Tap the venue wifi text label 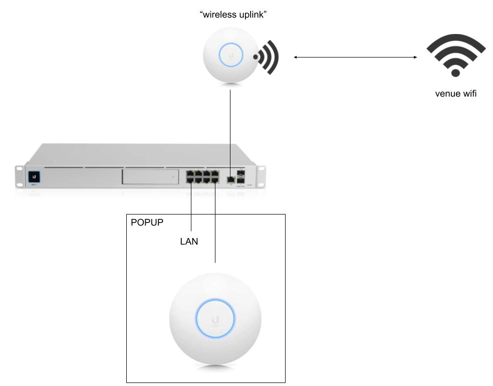455,93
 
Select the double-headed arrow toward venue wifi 356,57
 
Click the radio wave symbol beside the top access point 265,56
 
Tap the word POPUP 147,222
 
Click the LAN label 189,242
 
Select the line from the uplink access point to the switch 230,130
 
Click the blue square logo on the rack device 35,176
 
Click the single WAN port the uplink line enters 230,177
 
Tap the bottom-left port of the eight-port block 190,181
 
